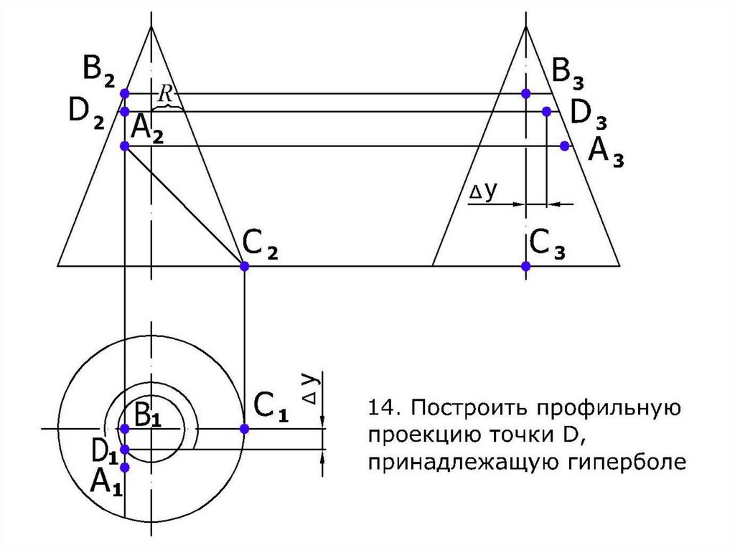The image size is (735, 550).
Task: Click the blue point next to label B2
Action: click(x=124, y=93)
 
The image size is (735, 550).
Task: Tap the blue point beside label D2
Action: click(x=124, y=112)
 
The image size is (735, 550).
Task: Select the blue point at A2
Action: click(x=124, y=146)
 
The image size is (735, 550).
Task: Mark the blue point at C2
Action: click(x=244, y=266)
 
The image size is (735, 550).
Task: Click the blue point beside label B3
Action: click(x=525, y=93)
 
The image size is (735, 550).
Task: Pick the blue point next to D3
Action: click(x=546, y=112)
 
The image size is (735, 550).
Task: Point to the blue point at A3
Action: click(x=565, y=146)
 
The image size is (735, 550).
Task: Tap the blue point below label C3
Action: click(x=525, y=266)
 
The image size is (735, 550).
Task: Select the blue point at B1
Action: click(x=124, y=429)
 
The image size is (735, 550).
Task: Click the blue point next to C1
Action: click(x=244, y=429)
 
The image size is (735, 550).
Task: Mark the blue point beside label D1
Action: click(x=124, y=450)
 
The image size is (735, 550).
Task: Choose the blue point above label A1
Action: click(x=124, y=468)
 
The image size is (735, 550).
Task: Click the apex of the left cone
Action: click(x=151, y=27)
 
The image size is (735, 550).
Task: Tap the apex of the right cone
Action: click(x=526, y=27)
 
